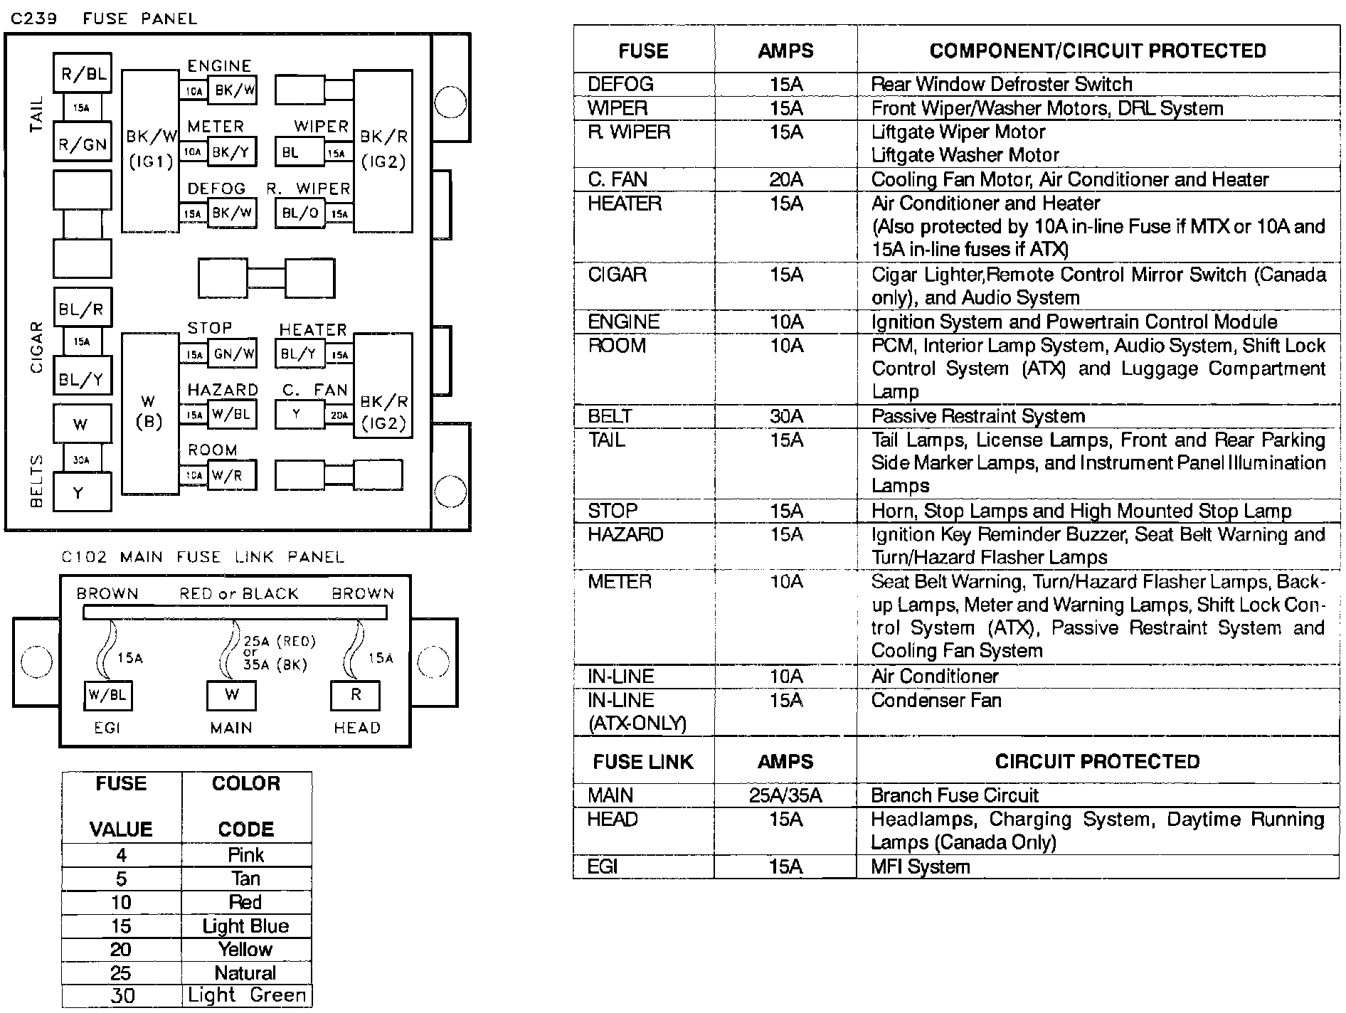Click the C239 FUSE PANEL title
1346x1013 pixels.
click(x=104, y=18)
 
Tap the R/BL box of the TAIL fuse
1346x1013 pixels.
click(x=83, y=73)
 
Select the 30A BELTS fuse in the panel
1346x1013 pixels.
click(x=81, y=460)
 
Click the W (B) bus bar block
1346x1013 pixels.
click(x=149, y=413)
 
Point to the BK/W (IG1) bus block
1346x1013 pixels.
click(x=151, y=149)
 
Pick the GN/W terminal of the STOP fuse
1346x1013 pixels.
click(x=232, y=354)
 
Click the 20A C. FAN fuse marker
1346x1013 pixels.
click(x=339, y=415)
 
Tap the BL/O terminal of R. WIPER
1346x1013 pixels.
click(x=300, y=213)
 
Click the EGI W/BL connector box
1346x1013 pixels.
click(x=107, y=695)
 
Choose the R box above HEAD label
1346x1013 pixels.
click(x=356, y=695)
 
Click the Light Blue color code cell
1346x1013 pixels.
click(x=245, y=926)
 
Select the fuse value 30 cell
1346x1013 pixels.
click(x=122, y=996)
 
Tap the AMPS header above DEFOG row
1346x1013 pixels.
click(x=785, y=51)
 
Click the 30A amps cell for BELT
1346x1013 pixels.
click(x=785, y=416)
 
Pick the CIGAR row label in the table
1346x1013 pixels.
click(x=617, y=275)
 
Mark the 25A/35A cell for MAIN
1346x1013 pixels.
click(x=785, y=795)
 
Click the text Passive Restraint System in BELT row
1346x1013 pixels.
click(x=978, y=416)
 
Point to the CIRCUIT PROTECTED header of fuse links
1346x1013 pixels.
click(x=1097, y=762)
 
